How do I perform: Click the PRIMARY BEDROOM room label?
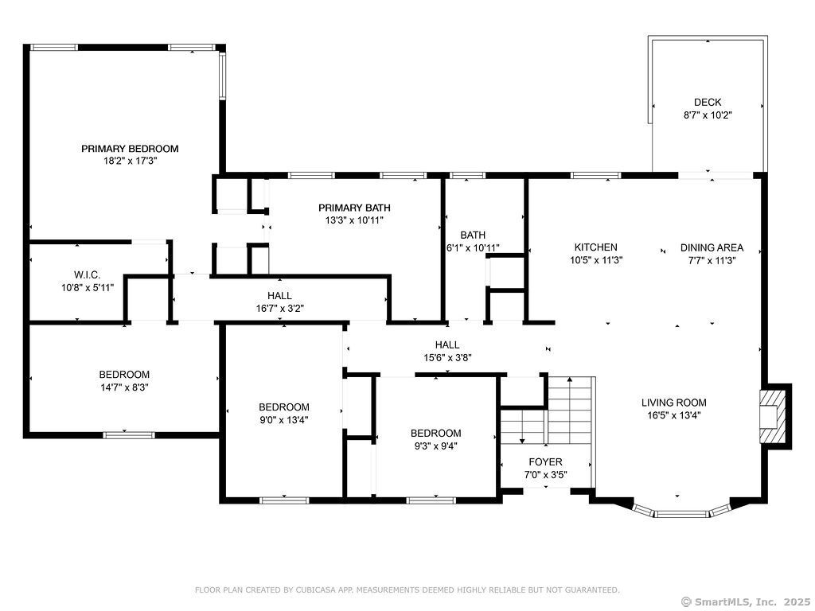click(x=130, y=148)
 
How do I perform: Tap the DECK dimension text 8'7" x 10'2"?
click(x=707, y=115)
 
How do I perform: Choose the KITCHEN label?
click(x=596, y=247)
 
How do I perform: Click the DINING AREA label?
click(x=712, y=247)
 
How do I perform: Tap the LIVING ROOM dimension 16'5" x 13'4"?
click(x=673, y=414)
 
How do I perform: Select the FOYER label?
click(x=545, y=461)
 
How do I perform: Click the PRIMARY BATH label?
click(x=354, y=208)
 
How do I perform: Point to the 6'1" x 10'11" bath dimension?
click(x=473, y=247)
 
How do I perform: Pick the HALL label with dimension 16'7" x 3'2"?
click(x=279, y=295)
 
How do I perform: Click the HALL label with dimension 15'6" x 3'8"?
click(x=446, y=344)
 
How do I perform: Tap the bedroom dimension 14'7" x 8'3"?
click(x=124, y=387)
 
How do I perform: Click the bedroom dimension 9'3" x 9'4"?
click(x=435, y=446)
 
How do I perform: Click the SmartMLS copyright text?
click(x=746, y=601)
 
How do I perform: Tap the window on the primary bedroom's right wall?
click(x=222, y=76)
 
